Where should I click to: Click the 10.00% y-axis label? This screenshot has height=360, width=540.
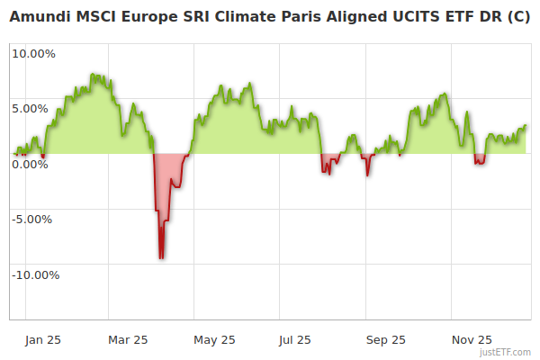coord(33,53)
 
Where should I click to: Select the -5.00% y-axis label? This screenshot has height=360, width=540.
coord(34,219)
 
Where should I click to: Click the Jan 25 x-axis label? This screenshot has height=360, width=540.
coord(42,339)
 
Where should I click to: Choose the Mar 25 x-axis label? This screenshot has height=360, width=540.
coord(127,339)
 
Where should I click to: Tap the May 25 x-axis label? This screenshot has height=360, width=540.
coord(214,339)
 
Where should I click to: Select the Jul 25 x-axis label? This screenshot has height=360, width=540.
coord(294,339)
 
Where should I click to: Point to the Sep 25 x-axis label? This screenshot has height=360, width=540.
coord(386,339)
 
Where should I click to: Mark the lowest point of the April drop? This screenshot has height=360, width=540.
coord(161,258)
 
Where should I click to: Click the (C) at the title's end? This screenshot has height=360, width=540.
coord(517,15)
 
